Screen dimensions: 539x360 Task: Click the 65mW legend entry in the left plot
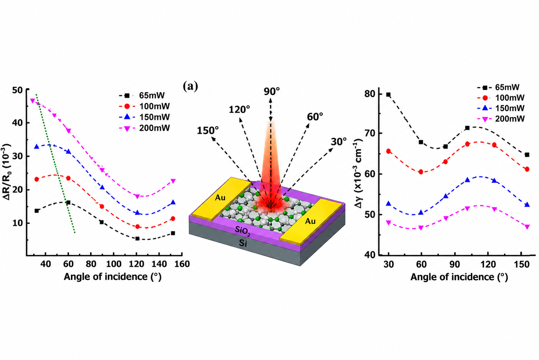click(x=142, y=95)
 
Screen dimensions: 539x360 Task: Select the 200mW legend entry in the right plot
click(x=500, y=119)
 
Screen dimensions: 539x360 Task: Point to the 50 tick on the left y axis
click(x=18, y=90)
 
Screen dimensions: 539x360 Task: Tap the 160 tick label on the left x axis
click(x=182, y=264)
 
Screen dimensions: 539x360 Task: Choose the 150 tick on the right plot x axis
click(x=521, y=264)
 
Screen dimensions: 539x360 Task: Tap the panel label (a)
click(x=190, y=86)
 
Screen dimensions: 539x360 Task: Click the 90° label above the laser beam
click(x=272, y=91)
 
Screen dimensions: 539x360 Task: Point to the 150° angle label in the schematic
click(x=208, y=130)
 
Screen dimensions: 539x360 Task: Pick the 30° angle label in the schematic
click(x=339, y=142)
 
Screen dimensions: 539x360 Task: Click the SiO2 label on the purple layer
click(x=242, y=231)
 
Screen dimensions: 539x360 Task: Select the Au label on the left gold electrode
click(x=220, y=198)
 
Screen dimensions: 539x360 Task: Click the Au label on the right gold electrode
click(x=310, y=221)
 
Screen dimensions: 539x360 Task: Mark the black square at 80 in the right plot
click(x=388, y=95)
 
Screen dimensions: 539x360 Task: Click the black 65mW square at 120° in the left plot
click(x=137, y=239)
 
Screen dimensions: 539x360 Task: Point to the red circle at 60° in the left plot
click(x=68, y=178)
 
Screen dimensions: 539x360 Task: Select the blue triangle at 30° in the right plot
click(x=388, y=204)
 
